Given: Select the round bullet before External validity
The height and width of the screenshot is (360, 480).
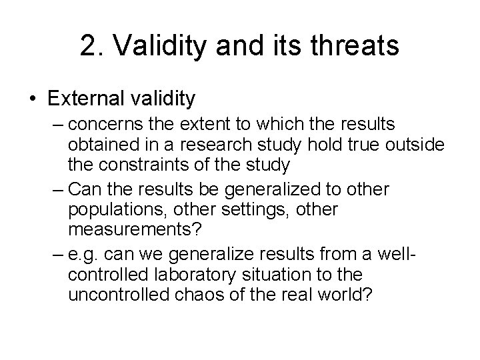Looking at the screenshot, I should [x=33, y=99].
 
